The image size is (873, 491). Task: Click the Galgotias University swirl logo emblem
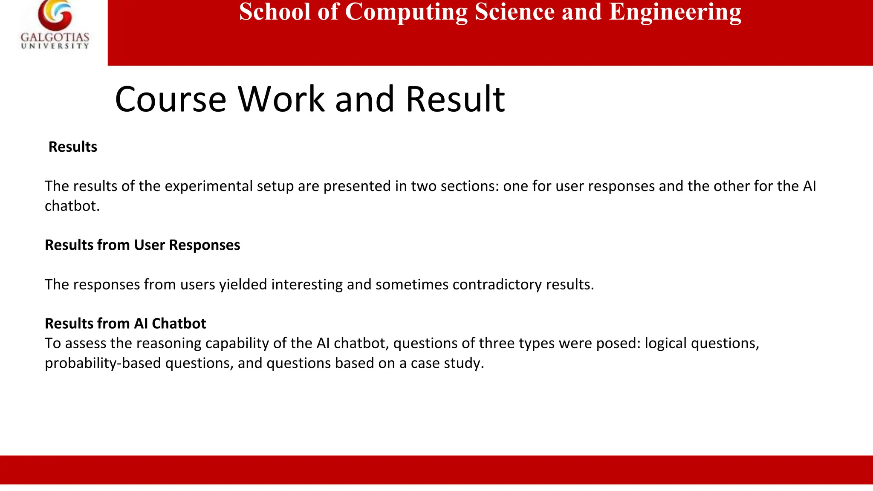(55, 14)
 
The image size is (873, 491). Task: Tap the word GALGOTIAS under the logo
(55, 38)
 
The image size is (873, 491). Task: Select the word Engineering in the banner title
(675, 12)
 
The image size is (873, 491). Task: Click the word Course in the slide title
(171, 99)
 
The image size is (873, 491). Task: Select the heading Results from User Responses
(142, 245)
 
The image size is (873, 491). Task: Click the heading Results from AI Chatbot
(125, 323)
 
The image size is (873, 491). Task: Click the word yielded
(243, 284)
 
